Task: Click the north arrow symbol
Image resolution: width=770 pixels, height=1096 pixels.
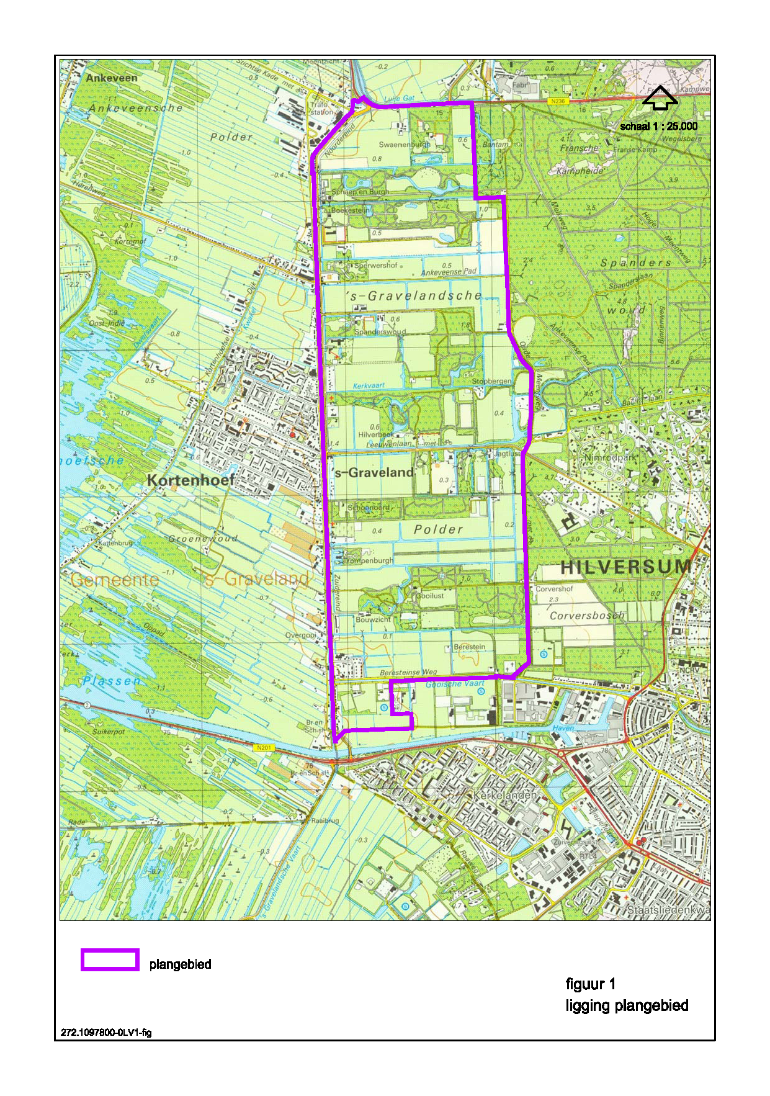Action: [x=660, y=98]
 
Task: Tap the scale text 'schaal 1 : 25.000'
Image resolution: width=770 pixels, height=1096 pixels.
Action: [x=658, y=127]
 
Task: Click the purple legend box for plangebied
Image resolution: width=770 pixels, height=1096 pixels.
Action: [x=110, y=959]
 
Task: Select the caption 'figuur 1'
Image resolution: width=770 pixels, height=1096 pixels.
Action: [x=590, y=984]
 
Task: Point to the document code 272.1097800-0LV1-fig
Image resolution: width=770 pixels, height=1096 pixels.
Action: [x=106, y=1033]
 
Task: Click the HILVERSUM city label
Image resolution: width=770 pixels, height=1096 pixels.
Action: [x=625, y=567]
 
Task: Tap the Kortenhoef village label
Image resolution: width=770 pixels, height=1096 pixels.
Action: [x=191, y=480]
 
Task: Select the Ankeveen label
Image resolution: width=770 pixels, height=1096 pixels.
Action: [x=112, y=78]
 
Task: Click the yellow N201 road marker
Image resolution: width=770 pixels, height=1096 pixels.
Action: [x=264, y=748]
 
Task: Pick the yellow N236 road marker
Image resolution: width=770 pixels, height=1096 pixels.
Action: [x=558, y=101]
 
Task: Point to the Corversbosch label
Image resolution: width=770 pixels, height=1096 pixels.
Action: [x=587, y=616]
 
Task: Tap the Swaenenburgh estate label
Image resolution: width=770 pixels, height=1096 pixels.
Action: [x=404, y=145]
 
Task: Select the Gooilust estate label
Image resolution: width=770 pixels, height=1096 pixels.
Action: [x=429, y=595]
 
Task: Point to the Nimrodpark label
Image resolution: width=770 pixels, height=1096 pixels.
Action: [x=611, y=457]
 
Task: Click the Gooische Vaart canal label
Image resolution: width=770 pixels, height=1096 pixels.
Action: [x=455, y=684]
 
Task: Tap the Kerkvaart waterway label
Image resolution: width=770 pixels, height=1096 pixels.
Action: [x=369, y=385]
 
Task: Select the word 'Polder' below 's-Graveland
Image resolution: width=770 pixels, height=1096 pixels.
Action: [x=438, y=529]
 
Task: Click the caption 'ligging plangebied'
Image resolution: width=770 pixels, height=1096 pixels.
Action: [x=627, y=1005]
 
